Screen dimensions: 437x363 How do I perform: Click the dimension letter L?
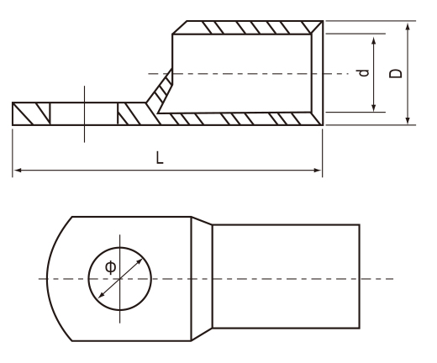tap(160, 157)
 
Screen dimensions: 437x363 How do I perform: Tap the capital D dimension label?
tap(396, 73)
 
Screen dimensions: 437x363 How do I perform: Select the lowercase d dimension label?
tap(364, 73)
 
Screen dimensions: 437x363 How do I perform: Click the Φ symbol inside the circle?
tap(110, 267)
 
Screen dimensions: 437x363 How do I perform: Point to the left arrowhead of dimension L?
tap(18, 170)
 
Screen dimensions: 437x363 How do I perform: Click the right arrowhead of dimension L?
tap(318, 170)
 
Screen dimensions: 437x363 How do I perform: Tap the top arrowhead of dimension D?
tap(408, 27)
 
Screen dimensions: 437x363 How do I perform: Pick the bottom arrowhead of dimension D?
tap(408, 120)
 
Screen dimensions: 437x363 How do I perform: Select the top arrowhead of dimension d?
tap(374, 41)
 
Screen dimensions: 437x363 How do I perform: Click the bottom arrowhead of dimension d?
tap(374, 108)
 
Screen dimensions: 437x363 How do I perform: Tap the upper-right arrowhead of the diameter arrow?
tap(139, 262)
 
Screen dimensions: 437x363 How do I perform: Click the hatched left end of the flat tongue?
tap(31, 113)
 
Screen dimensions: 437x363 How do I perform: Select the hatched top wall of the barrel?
tap(248, 28)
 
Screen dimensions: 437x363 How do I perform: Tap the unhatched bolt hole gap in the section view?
tap(84, 113)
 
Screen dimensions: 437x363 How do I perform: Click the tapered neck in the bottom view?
tap(202, 278)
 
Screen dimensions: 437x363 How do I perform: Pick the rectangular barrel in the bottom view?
tap(286, 276)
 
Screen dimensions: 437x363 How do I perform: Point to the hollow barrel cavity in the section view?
tap(241, 73)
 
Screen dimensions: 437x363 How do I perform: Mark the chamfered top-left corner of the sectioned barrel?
tap(180, 28)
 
